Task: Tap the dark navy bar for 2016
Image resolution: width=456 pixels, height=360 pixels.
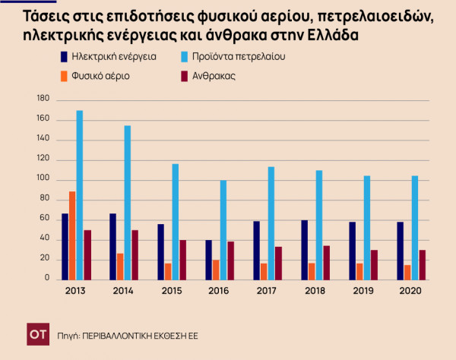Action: click(x=208, y=260)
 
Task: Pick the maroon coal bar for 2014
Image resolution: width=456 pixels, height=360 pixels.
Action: click(x=135, y=254)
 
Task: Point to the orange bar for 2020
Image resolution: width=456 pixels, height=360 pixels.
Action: click(x=407, y=272)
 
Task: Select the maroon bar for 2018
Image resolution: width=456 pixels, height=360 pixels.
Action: click(x=327, y=262)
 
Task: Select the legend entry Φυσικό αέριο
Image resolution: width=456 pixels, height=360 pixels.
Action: click(x=100, y=76)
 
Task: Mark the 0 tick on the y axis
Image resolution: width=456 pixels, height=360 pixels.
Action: click(x=46, y=279)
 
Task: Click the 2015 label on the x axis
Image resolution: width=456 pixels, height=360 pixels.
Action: click(x=172, y=292)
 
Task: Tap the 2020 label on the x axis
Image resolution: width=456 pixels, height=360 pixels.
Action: click(x=410, y=292)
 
